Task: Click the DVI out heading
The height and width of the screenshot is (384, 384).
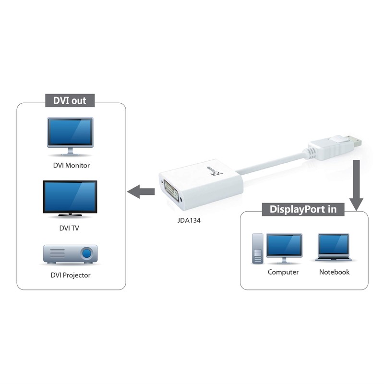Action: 70,101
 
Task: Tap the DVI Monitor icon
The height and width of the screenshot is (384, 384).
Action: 70,136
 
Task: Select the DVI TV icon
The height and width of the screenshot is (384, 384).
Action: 70,197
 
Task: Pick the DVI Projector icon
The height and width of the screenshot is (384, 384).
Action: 70,254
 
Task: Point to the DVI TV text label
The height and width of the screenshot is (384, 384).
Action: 70,228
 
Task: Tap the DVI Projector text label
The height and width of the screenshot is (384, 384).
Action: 70,276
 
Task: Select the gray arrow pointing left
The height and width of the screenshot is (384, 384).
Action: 140,192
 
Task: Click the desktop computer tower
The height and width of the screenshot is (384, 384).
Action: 258,248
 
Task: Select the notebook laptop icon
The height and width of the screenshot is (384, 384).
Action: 334,248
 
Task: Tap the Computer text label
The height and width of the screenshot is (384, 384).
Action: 283,272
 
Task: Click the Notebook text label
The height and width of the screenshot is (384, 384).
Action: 334,272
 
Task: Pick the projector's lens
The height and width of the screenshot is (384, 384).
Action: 87,252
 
